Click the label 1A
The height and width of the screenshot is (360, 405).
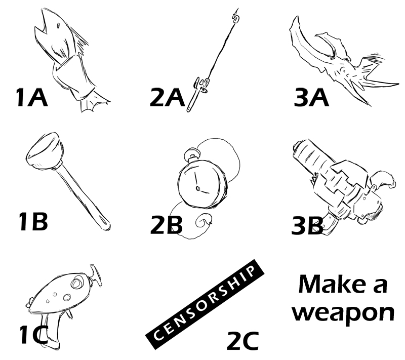tap(32, 97)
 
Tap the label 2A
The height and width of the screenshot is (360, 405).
tap(168, 97)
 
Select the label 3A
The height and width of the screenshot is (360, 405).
tap(311, 97)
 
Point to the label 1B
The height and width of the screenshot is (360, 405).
tap(33, 221)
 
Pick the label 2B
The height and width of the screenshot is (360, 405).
tap(167, 225)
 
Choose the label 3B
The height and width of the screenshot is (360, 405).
tap(307, 225)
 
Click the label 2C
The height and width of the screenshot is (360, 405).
tap(243, 341)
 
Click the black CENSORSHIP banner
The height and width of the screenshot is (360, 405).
tap(205, 304)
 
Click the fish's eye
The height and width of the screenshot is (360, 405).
tap(58, 26)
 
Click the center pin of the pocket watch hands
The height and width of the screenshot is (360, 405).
tap(198, 188)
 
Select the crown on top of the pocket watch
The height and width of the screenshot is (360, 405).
tap(192, 154)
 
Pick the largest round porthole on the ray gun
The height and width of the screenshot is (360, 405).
tap(76, 283)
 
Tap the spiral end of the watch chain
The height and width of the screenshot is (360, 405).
tap(204, 221)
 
